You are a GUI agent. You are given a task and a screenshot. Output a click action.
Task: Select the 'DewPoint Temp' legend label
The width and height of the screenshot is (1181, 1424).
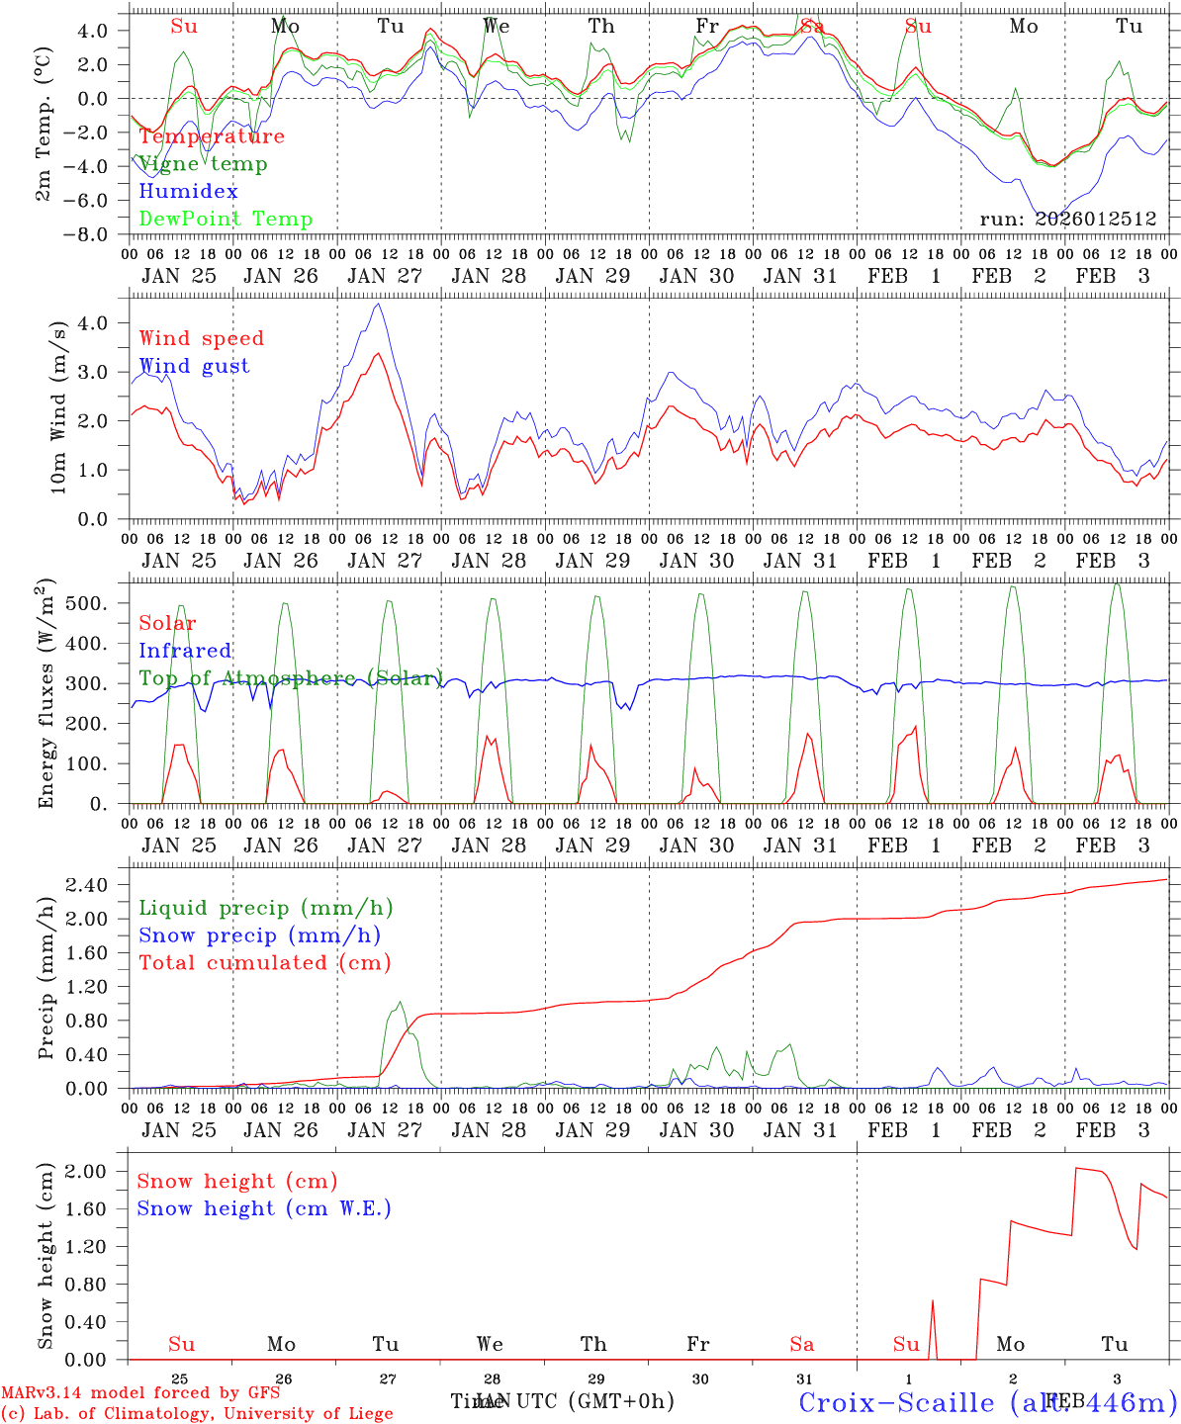click(x=226, y=220)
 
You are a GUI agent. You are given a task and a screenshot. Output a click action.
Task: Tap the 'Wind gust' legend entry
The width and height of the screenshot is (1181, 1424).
click(x=194, y=366)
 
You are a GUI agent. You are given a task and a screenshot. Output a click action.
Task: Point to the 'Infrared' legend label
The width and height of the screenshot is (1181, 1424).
click(x=185, y=651)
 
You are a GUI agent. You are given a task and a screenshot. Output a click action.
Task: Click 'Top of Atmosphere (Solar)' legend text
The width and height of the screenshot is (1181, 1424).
click(x=290, y=678)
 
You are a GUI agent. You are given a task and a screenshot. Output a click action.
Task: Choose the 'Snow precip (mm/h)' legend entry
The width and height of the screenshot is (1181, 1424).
click(x=259, y=935)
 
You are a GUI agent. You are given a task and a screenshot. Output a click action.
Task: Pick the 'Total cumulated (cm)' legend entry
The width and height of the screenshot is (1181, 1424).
click(x=264, y=963)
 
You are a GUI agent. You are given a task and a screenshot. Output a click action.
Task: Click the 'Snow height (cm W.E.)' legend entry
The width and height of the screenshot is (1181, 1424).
click(x=263, y=1208)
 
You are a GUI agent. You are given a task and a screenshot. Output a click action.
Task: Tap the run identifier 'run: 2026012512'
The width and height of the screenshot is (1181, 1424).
click(x=1067, y=220)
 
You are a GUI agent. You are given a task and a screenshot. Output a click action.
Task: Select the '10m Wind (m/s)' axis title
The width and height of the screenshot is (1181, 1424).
click(x=58, y=407)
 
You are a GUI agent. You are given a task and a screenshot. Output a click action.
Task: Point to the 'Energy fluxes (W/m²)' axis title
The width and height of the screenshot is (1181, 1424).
click(x=45, y=695)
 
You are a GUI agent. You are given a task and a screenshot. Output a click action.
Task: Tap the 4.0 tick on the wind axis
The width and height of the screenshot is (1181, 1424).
click(x=97, y=322)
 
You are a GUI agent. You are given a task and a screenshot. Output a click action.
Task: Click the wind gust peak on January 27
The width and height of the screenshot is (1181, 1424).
click(x=377, y=304)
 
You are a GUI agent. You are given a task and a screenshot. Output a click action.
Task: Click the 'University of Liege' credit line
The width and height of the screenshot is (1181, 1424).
click(x=197, y=1414)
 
